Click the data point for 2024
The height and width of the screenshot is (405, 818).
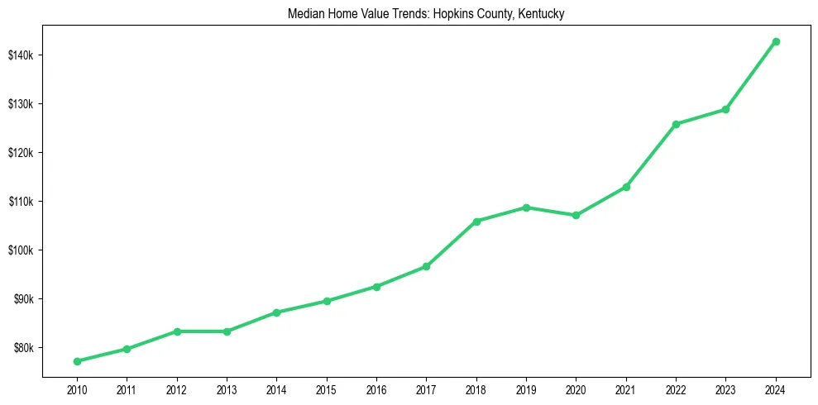(x=776, y=41)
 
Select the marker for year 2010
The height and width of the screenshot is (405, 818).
(x=77, y=361)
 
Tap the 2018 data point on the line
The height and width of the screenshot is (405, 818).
(x=476, y=222)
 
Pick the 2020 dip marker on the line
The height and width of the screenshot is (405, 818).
(x=576, y=215)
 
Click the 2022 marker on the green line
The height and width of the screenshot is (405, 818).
(x=676, y=124)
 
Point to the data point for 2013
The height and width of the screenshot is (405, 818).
(x=227, y=331)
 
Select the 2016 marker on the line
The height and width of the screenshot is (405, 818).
(x=376, y=287)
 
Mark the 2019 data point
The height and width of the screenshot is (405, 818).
(x=526, y=207)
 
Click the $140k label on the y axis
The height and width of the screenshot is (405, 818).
(x=21, y=55)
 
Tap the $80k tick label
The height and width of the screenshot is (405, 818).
(x=22, y=348)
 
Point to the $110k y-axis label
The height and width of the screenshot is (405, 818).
(x=21, y=202)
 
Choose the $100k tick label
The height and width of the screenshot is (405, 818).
(x=21, y=250)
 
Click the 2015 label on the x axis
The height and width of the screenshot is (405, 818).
(x=326, y=388)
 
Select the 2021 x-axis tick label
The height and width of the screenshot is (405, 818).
(x=626, y=388)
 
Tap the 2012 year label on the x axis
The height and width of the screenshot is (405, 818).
(x=176, y=388)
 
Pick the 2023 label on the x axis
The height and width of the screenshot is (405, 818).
(x=725, y=388)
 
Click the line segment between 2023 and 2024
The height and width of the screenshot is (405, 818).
(x=751, y=75)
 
